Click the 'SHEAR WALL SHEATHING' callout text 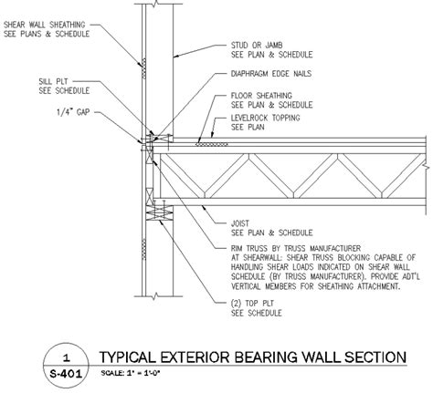click(x=45, y=25)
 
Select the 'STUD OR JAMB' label click(x=257, y=46)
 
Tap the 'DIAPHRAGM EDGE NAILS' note click(x=271, y=74)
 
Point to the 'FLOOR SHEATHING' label click(x=261, y=96)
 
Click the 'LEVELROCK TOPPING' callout click(x=265, y=118)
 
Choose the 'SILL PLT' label click(x=53, y=81)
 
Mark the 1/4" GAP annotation click(x=73, y=112)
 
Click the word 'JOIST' click(x=240, y=223)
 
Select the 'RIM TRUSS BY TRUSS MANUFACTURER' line click(x=296, y=248)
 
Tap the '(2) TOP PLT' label click(x=252, y=304)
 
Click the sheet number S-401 click(x=66, y=374)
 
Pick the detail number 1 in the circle click(x=66, y=357)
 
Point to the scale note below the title click(x=131, y=373)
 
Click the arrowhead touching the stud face click(x=176, y=56)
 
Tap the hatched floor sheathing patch click(x=212, y=144)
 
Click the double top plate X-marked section click(x=160, y=212)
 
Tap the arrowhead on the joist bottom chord click(x=204, y=208)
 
